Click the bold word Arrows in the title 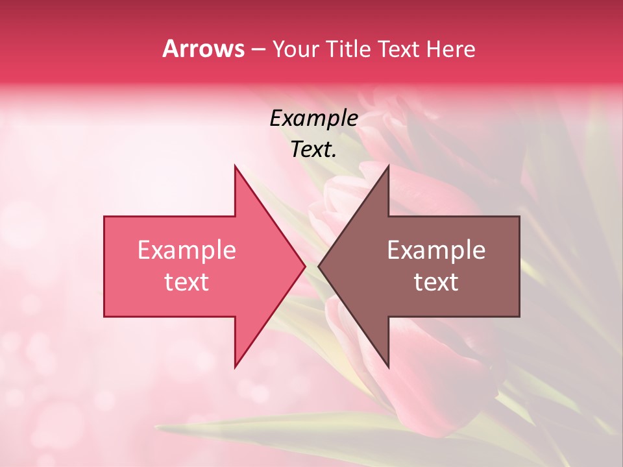click(x=204, y=49)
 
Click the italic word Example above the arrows click(x=314, y=119)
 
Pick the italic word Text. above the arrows click(x=314, y=150)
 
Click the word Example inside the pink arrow click(x=187, y=250)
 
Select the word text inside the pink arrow click(x=187, y=282)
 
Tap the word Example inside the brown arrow click(x=436, y=250)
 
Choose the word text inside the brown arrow click(x=436, y=282)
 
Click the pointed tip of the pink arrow click(x=305, y=266)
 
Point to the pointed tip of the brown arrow click(x=319, y=266)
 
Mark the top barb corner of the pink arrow click(x=235, y=165)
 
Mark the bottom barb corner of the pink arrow click(x=235, y=367)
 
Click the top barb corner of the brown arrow click(x=388, y=165)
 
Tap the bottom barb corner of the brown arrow click(x=388, y=367)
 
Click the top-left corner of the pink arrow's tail click(x=104, y=217)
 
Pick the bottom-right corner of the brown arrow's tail click(x=519, y=317)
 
